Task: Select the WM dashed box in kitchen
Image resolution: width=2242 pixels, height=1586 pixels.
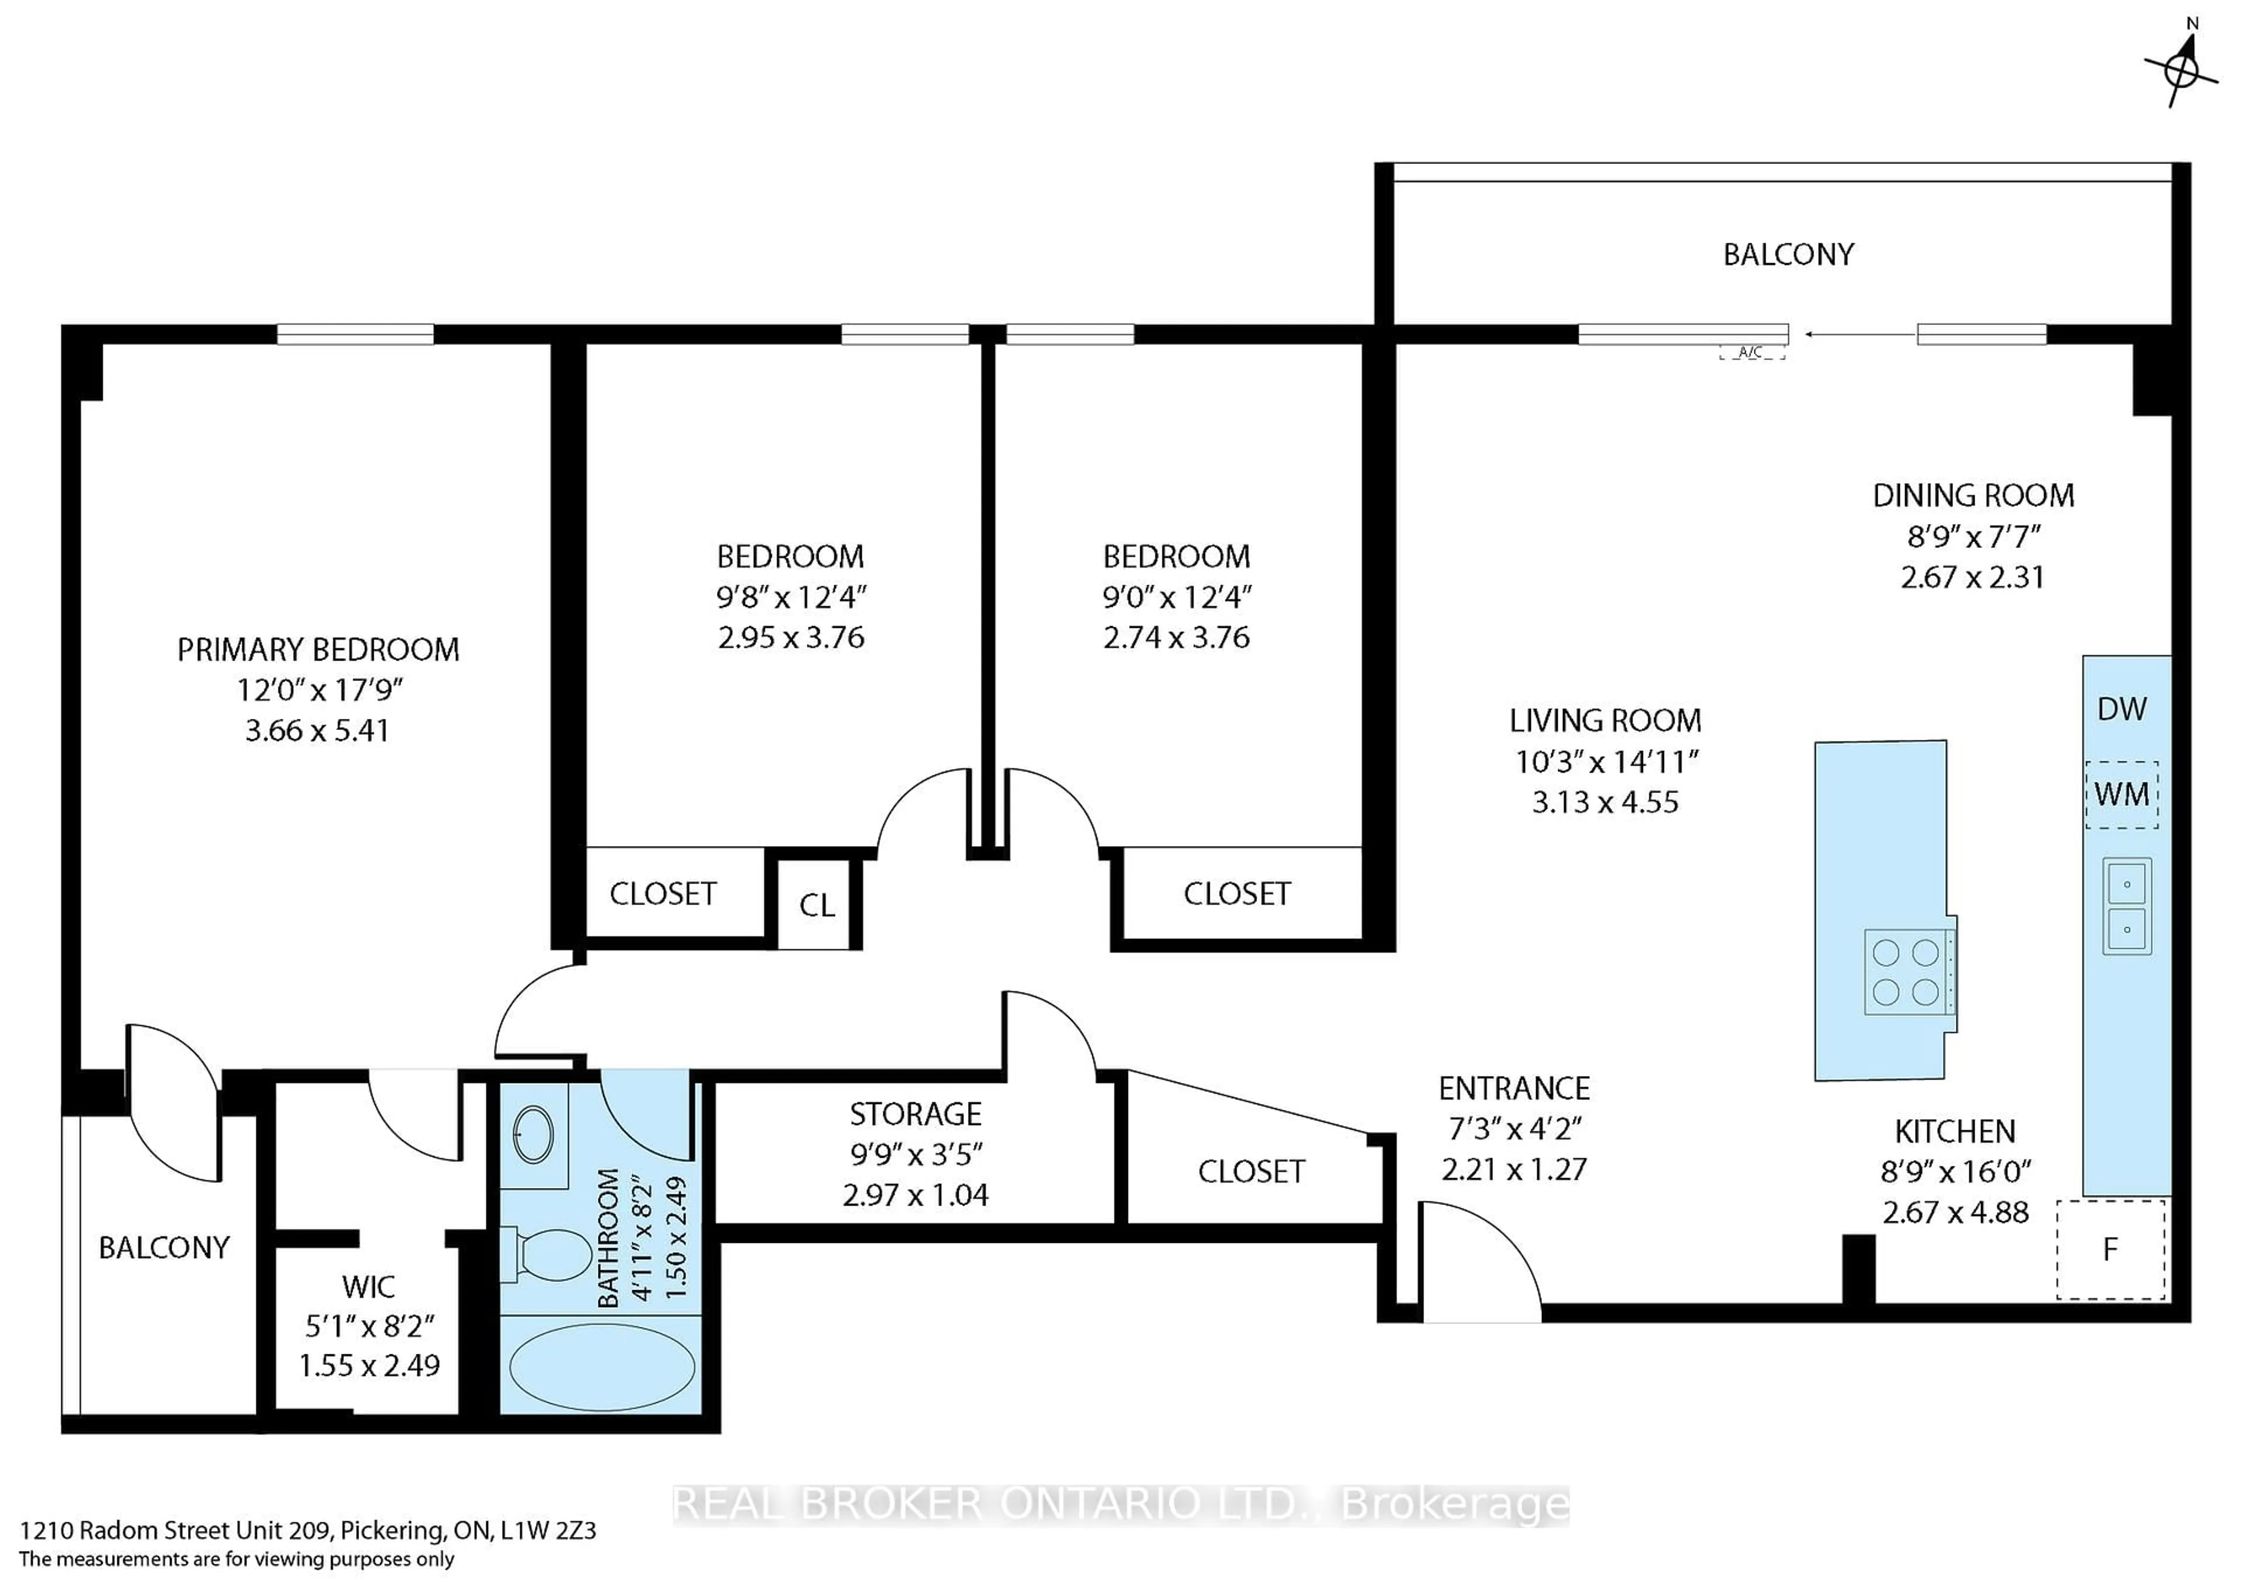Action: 2122,794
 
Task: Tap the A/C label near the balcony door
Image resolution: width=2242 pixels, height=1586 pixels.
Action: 1750,352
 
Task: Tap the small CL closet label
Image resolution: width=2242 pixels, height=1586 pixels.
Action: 817,905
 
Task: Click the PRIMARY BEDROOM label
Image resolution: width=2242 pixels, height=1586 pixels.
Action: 318,649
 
